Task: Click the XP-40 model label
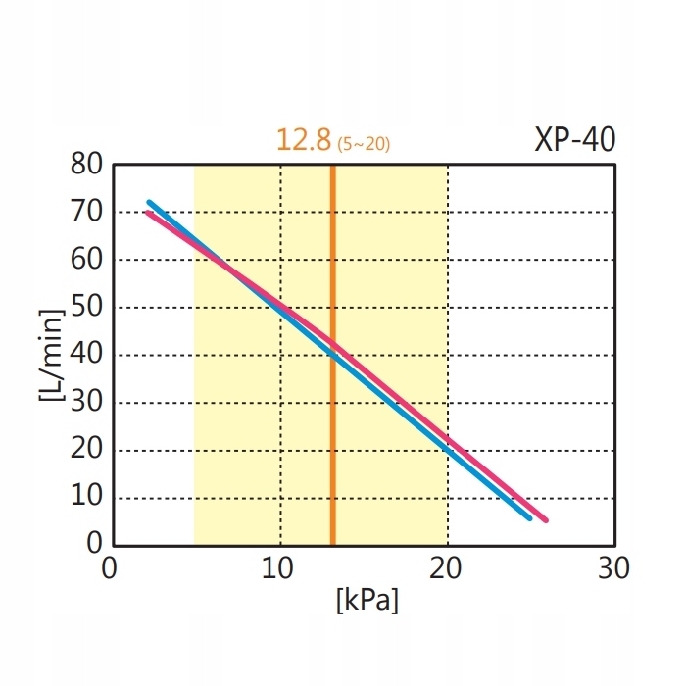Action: coord(575,140)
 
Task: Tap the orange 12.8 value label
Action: coord(304,140)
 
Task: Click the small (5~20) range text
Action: coord(364,145)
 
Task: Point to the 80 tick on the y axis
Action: coord(87,165)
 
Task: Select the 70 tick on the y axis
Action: coord(87,212)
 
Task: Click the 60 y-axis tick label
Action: coord(87,260)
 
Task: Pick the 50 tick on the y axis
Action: coord(87,307)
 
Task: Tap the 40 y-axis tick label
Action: coord(87,355)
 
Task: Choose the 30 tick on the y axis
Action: coord(87,402)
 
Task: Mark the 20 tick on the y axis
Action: coord(87,450)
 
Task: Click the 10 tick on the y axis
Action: coord(87,497)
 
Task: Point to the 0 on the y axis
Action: coord(95,543)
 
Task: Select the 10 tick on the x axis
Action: coord(279,567)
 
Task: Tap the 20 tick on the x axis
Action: coord(447,567)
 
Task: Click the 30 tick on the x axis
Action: coord(614,567)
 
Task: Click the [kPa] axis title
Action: coord(367,600)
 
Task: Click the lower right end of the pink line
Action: coord(545,519)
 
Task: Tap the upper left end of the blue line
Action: coord(150,203)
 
